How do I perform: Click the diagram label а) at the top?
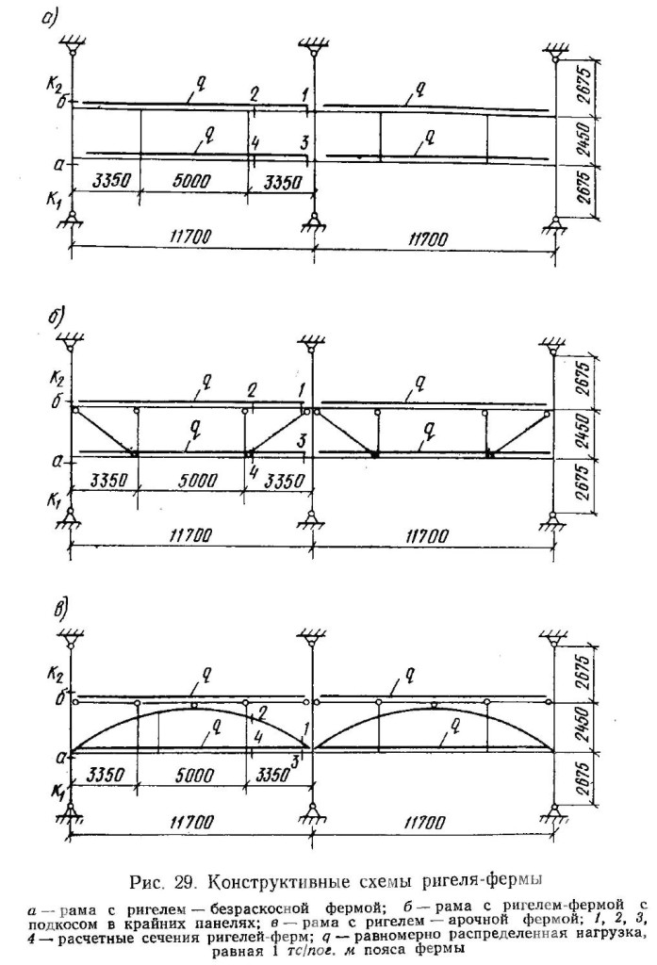49,19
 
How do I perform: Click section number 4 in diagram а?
254,144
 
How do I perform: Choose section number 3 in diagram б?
302,441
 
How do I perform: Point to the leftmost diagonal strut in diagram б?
104,432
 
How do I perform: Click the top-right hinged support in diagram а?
555,54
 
